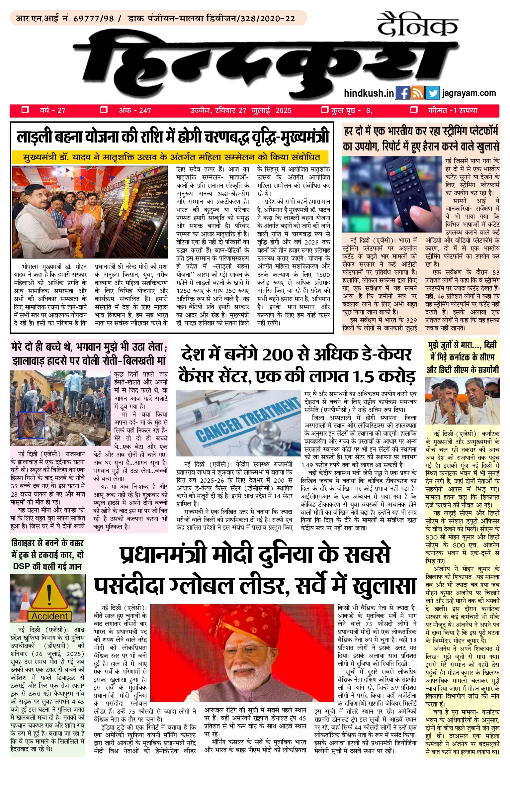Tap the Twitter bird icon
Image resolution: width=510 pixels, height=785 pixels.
432,93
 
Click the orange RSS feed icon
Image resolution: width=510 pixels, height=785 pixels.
417,93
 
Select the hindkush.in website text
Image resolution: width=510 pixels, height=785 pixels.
369,93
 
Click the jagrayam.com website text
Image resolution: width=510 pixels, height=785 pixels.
469,93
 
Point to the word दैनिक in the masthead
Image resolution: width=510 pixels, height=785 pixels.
417,25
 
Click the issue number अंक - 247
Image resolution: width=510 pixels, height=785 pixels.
134,111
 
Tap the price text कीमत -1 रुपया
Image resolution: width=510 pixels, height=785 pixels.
453,111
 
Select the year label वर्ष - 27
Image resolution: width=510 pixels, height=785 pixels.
52,111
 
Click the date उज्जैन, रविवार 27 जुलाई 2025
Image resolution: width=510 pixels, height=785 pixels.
241,111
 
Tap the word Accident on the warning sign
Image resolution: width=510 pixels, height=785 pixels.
49,616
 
